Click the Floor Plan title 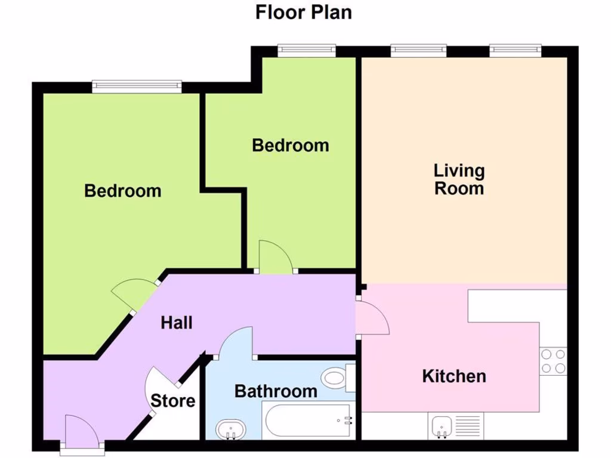[303, 12]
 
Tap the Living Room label [459, 180]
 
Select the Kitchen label [454, 376]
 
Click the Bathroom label [276, 391]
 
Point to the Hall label [177, 323]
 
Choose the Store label [172, 401]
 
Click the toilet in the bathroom [336, 378]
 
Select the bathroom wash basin [230, 428]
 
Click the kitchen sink [442, 425]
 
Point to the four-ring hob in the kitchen [553, 361]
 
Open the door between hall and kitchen [372, 318]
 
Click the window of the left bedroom [137, 87]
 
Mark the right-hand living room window [516, 51]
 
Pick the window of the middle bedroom [307, 51]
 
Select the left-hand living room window [418, 51]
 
